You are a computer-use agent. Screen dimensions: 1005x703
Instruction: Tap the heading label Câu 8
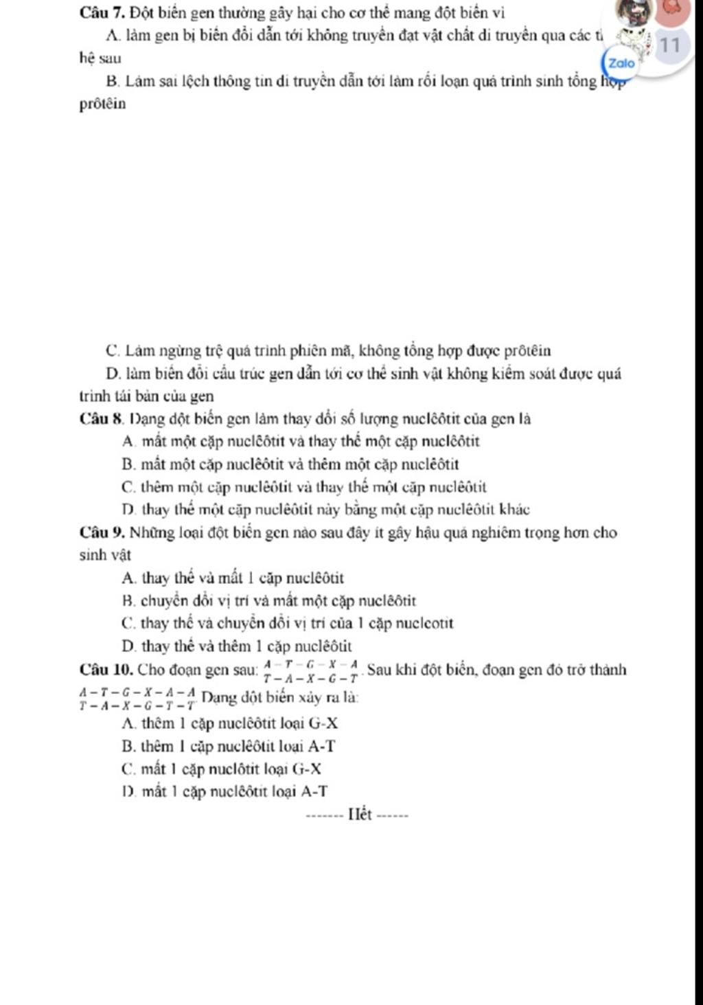100,419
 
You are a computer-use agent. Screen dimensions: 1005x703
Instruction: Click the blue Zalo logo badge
621,63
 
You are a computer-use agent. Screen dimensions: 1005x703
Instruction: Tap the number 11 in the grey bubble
671,46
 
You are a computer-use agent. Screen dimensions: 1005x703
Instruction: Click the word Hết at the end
359,815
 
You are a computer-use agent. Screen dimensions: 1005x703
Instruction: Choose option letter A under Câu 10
127,723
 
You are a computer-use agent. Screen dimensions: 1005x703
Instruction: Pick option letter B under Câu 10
127,746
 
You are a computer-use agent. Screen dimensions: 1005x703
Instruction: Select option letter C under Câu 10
127,769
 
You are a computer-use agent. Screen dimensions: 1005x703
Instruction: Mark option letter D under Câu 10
127,792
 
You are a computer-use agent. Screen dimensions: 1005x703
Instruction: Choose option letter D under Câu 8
127,510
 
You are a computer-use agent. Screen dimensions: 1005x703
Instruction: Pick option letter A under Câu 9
127,578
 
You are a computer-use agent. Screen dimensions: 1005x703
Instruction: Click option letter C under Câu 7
113,351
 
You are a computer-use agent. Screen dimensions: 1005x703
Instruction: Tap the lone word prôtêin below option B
103,104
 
